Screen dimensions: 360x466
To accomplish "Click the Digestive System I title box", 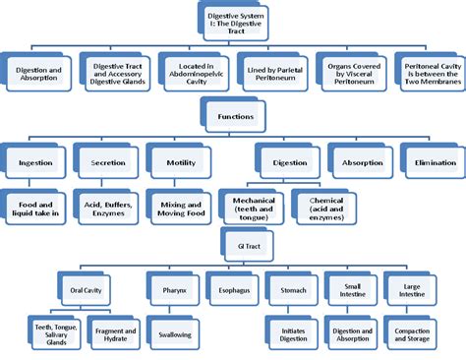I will pos(232,21).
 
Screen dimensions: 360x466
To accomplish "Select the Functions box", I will pos(233,117).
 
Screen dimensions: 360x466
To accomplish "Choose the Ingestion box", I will pos(36,161).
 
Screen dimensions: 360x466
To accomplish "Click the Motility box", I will pos(175,161).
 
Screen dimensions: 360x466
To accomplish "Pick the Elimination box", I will pos(429,161).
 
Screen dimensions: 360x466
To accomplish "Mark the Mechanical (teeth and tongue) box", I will pos(253,206).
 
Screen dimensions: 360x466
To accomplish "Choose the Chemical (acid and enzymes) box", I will pos(321,206).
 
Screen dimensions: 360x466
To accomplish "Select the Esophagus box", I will pos(233,291).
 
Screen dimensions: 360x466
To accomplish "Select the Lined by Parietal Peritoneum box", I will pos(271,72).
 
